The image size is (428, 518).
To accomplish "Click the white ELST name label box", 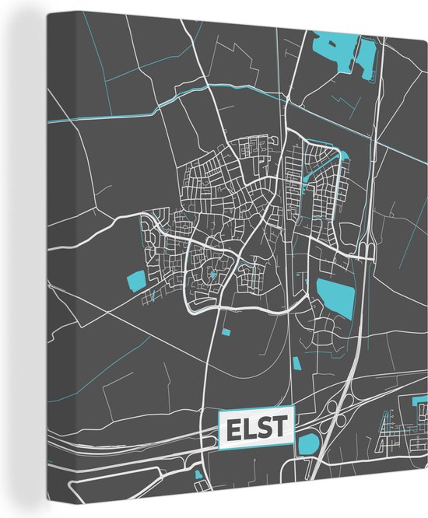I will click(257, 429).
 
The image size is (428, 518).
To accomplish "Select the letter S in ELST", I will click(265, 429).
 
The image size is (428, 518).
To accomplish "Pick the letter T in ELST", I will click(279, 429).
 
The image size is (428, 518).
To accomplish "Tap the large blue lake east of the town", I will click(335, 295).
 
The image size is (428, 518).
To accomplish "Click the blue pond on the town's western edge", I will click(136, 281).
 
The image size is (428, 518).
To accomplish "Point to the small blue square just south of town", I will click(226, 333).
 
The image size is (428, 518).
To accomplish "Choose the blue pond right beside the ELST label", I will click(309, 444).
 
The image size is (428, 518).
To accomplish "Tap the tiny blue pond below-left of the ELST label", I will click(199, 475).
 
